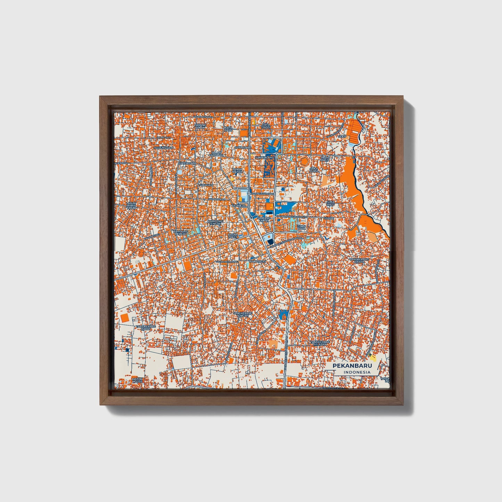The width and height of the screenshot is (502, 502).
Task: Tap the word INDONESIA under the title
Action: (357, 373)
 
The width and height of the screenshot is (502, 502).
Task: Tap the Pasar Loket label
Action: (232, 236)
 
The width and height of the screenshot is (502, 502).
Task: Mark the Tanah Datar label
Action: (237, 171)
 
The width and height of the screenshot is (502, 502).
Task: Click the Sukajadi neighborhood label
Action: (206, 185)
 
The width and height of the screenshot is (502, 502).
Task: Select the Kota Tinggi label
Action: (266, 125)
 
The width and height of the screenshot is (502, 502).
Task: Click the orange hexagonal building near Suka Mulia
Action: (304, 162)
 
